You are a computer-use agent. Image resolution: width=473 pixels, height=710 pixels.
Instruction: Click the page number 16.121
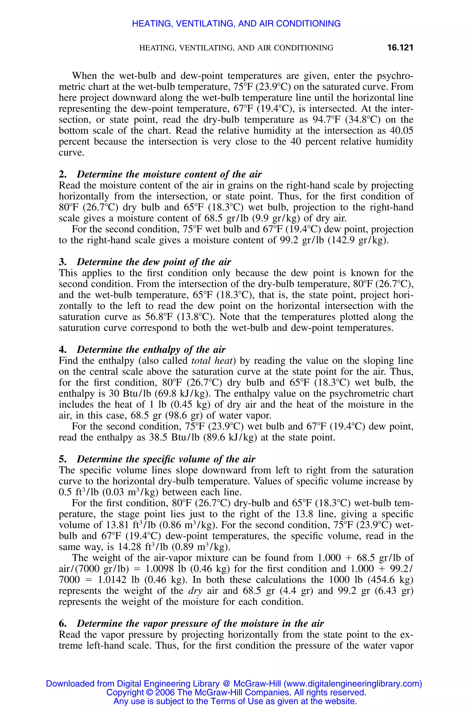coord(400,48)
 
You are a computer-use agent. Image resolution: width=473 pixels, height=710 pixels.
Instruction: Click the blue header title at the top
coord(236,24)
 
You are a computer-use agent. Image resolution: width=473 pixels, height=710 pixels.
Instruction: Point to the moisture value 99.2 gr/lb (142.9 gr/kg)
coord(332,240)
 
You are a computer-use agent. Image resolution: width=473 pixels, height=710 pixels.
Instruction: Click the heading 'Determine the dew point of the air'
coord(154,262)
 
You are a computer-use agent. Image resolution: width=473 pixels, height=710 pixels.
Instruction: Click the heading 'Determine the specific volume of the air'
coord(166,459)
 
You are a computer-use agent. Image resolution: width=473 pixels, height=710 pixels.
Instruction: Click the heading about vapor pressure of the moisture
coord(200,624)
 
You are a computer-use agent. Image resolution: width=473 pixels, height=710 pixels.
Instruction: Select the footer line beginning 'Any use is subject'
coord(235,701)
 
